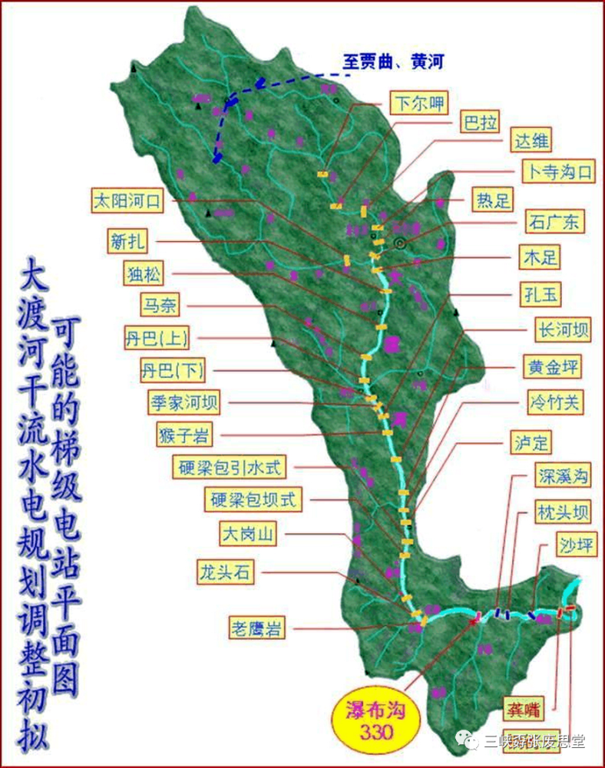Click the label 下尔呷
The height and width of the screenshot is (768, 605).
click(x=418, y=104)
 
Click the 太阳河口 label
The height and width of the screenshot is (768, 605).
click(x=127, y=202)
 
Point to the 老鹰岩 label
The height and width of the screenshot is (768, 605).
click(x=256, y=629)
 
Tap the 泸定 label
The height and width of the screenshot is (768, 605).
click(x=531, y=443)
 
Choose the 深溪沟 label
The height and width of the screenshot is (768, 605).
click(x=563, y=475)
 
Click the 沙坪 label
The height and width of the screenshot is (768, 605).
click(x=576, y=546)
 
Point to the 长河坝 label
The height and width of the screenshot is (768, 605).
click(x=562, y=330)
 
